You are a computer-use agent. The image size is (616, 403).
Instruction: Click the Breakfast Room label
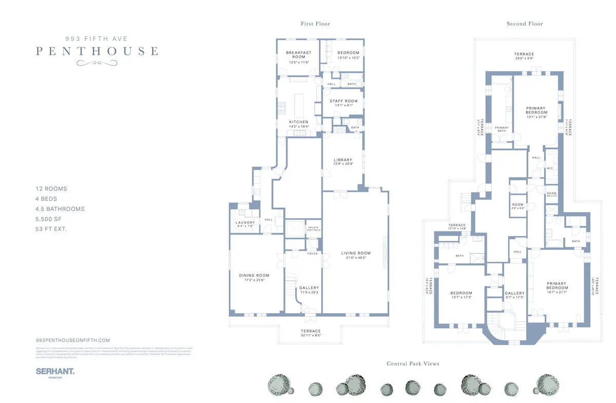pyautogui.click(x=299, y=55)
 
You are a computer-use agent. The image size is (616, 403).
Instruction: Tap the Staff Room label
pyautogui.click(x=343, y=101)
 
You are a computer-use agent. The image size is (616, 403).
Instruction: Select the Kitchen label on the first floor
pyautogui.click(x=299, y=122)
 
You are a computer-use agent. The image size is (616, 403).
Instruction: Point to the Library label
pyautogui.click(x=342, y=160)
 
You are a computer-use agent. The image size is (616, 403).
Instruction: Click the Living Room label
pyautogui.click(x=356, y=253)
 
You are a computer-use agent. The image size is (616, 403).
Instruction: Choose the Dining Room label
pyautogui.click(x=254, y=276)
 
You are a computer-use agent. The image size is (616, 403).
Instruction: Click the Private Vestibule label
pyautogui.click(x=313, y=228)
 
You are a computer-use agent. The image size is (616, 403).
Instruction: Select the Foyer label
pyautogui.click(x=312, y=254)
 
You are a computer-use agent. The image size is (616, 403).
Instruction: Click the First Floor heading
pyautogui.click(x=315, y=24)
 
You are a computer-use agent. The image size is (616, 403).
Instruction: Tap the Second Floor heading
pyautogui.click(x=525, y=24)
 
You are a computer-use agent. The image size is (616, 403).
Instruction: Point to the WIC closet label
pyautogui.click(x=550, y=168)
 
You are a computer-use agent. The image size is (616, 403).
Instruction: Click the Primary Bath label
pyautogui.click(x=502, y=129)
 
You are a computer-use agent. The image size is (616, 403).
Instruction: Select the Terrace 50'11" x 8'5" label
pyautogui.click(x=310, y=331)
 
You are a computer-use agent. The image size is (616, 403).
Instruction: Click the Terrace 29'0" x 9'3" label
pyautogui.click(x=524, y=54)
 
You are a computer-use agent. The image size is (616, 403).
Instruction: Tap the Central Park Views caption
pyautogui.click(x=413, y=363)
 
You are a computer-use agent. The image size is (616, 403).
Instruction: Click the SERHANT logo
pyautogui.click(x=55, y=371)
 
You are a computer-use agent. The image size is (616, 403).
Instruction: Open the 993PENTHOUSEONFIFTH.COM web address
pyautogui.click(x=73, y=340)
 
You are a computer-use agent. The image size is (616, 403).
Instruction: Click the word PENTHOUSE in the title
pyautogui.click(x=97, y=51)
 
